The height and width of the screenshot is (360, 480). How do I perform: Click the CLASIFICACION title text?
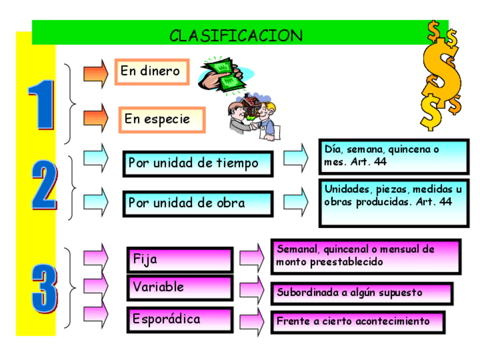click(x=236, y=36)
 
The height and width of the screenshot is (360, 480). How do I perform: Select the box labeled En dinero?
click(x=152, y=71)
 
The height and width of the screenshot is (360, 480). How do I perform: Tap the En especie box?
click(x=161, y=119)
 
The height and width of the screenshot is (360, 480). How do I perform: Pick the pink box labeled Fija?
click(x=179, y=260)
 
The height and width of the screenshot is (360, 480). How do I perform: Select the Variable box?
click(x=179, y=288)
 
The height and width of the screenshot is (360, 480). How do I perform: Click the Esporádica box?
click(x=179, y=319)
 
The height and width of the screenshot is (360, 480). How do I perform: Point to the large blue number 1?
click(x=41, y=105)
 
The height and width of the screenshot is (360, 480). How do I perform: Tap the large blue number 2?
click(x=44, y=186)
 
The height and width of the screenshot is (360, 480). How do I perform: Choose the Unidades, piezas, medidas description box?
click(x=393, y=203)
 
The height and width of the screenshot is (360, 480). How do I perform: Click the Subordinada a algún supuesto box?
click(x=361, y=293)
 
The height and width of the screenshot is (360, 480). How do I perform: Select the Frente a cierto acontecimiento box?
click(x=357, y=322)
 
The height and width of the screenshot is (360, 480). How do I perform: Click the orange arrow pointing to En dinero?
click(x=95, y=73)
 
